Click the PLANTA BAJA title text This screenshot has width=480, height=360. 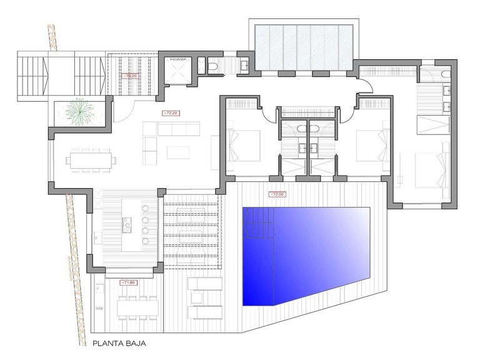[118, 342]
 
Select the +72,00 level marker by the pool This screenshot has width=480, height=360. [276, 194]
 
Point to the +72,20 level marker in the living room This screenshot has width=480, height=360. [170, 113]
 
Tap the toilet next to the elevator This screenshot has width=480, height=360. [213, 66]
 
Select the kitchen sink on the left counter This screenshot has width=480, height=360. [96, 237]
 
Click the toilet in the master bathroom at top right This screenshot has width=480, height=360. [443, 74]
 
